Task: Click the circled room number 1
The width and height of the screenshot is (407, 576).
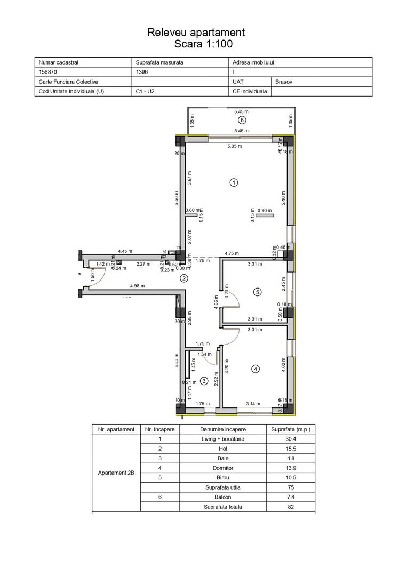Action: (x=233, y=182)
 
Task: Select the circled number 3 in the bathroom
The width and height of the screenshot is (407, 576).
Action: (x=204, y=380)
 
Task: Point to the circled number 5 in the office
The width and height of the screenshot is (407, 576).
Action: (x=257, y=292)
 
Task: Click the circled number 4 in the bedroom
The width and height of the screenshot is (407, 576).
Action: (x=256, y=369)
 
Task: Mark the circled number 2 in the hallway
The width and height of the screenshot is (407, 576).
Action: (x=184, y=278)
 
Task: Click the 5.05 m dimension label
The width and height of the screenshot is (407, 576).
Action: (x=235, y=146)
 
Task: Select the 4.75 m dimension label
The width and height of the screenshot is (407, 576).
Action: (x=232, y=253)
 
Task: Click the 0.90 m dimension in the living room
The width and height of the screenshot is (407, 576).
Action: (x=265, y=211)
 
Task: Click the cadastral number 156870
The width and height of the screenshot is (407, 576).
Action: (x=49, y=72)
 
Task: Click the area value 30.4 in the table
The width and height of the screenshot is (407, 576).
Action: (x=290, y=439)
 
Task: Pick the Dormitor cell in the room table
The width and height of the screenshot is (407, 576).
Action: (x=222, y=468)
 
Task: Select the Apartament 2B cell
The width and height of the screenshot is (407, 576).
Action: (x=116, y=473)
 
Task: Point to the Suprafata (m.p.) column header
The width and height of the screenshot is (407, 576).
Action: (x=290, y=429)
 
